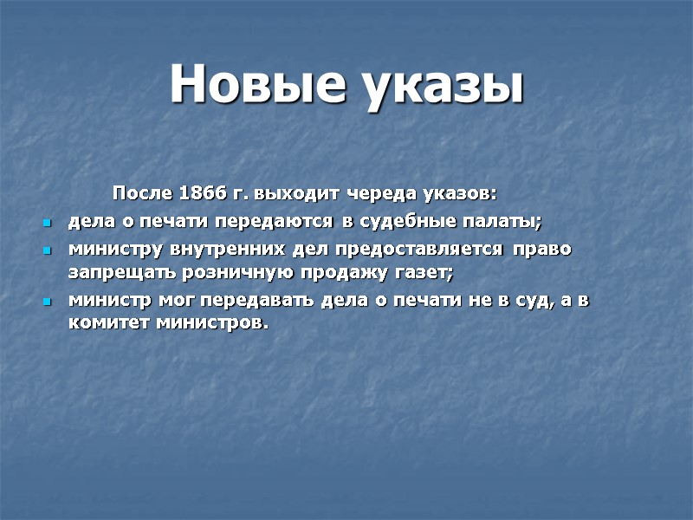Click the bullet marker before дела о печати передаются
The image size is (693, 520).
pos(48,224)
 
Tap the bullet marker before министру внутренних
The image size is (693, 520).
pos(48,250)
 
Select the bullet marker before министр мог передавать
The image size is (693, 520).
pos(48,302)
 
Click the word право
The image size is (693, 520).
pos(542,249)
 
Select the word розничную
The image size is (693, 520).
pos(213,272)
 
